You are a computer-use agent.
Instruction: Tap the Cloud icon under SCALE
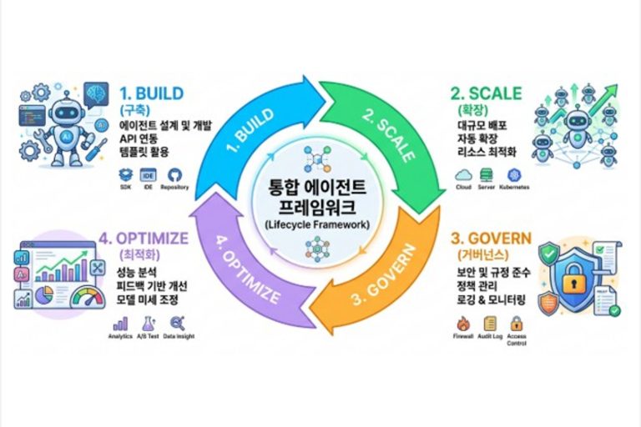pos(463,174)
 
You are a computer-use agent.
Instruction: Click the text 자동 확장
pos(482,139)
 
